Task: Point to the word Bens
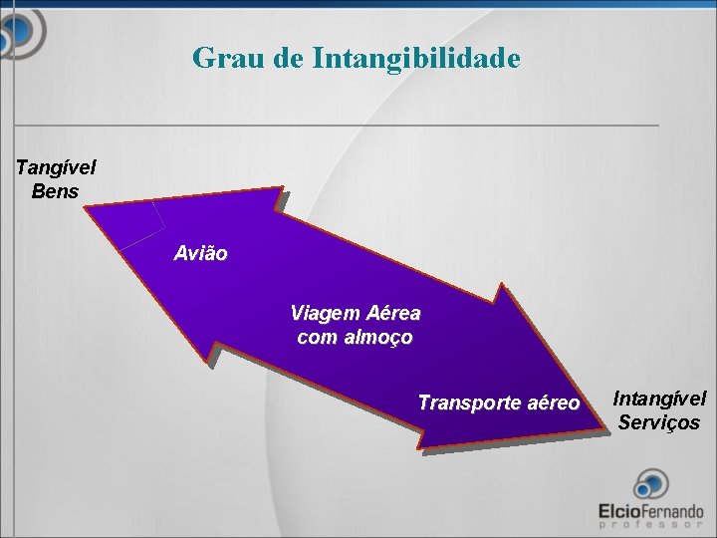(x=55, y=190)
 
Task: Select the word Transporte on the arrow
(x=468, y=403)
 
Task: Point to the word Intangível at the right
(x=659, y=399)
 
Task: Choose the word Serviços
(x=659, y=422)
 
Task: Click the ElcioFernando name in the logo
(x=650, y=510)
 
